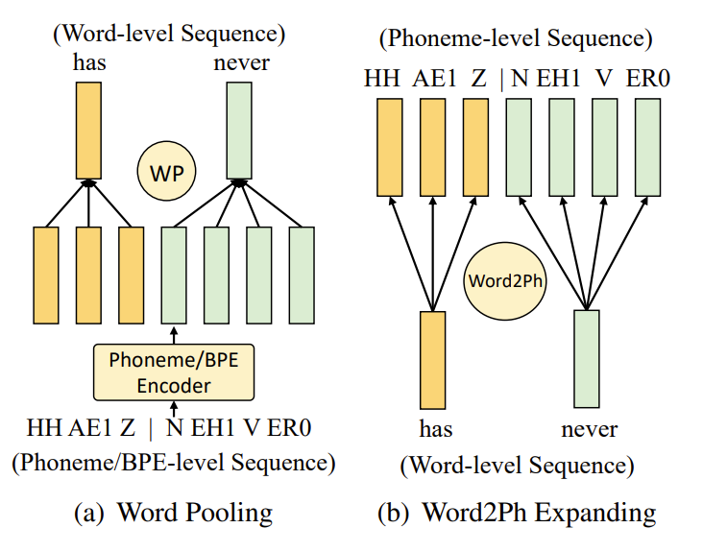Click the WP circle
pos(165,173)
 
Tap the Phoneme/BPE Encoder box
pos(173,372)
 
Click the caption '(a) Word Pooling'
pos(174,512)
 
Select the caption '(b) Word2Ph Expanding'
pos(516,512)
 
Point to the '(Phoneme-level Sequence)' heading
pos(516,39)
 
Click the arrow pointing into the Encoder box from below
pos(174,408)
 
